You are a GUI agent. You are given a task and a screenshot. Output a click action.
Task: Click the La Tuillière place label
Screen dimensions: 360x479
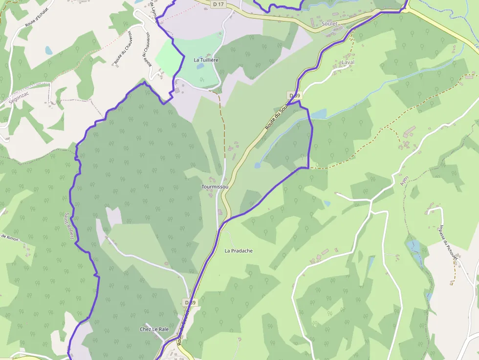[206, 60]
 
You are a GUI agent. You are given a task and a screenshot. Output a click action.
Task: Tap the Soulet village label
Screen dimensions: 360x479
[330, 23]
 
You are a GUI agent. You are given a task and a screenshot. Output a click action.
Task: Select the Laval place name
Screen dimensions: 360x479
[348, 63]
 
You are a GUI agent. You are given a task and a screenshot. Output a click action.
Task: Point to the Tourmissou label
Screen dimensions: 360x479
[215, 187]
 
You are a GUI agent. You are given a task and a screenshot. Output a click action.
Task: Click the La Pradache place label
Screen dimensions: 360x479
[239, 251]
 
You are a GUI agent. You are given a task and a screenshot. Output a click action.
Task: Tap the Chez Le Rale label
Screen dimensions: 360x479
[154, 329]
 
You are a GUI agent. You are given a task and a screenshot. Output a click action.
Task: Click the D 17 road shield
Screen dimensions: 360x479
[218, 4]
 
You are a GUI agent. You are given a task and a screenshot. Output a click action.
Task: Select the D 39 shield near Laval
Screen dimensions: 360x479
[293, 95]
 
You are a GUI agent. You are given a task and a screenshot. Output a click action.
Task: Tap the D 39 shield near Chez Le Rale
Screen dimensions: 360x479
[190, 303]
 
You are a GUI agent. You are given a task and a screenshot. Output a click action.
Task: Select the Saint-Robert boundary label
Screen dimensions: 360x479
[69, 225]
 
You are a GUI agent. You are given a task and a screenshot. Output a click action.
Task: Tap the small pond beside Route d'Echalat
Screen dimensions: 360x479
[48, 50]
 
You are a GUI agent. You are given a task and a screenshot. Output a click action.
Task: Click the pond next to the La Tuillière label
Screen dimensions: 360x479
[200, 66]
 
